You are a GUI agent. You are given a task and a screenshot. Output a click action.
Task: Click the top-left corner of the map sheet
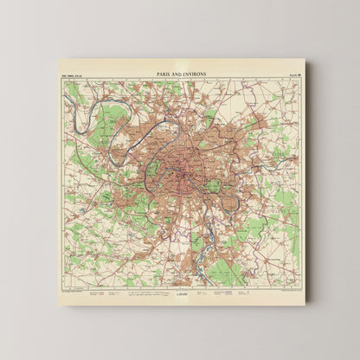[x=58, y=60]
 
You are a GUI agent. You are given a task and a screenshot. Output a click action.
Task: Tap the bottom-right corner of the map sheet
[x=305, y=303]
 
